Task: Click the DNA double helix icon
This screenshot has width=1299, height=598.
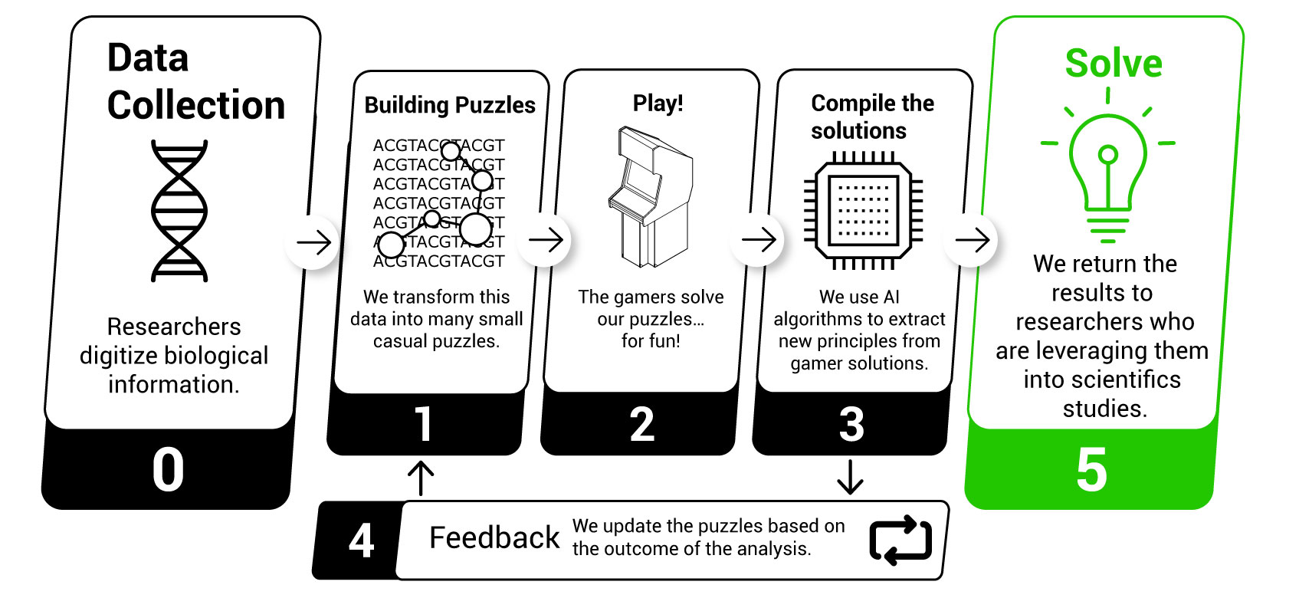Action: (x=179, y=210)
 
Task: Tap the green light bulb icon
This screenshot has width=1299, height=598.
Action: (x=1107, y=172)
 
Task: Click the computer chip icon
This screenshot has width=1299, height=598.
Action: (x=864, y=210)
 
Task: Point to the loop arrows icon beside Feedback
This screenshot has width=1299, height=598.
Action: (x=900, y=540)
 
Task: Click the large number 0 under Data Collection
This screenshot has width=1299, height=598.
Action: (x=168, y=468)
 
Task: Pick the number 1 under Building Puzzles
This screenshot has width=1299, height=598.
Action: (x=423, y=424)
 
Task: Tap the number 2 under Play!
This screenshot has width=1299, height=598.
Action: (x=641, y=424)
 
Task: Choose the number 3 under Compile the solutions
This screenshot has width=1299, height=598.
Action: (x=851, y=424)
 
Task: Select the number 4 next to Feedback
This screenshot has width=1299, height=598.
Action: (x=361, y=540)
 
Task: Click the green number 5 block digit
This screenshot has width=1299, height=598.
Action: (x=1091, y=468)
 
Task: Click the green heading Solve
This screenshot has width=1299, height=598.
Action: (x=1113, y=64)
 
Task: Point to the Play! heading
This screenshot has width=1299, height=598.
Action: (x=658, y=103)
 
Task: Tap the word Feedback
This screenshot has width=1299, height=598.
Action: (x=494, y=538)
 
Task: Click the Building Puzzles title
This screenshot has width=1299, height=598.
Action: (x=450, y=105)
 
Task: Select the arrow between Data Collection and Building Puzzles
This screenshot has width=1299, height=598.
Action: (x=314, y=243)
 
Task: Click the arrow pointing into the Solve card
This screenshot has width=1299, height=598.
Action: (x=972, y=240)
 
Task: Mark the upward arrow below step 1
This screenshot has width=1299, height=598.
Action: (x=421, y=478)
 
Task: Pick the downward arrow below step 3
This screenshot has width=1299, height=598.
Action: (x=850, y=477)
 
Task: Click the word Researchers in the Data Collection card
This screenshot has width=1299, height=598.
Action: (x=174, y=327)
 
